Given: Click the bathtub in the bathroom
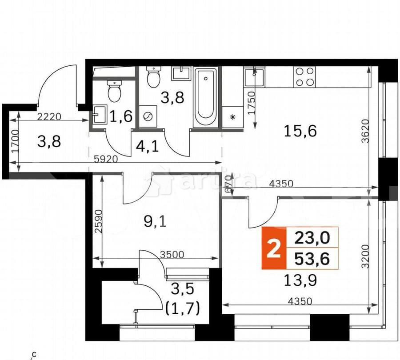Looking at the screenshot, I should tap(205, 98).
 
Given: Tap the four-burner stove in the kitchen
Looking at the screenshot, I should tap(305, 76).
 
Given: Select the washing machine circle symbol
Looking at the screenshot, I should tap(147, 117).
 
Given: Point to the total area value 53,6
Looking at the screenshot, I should tap(312, 259).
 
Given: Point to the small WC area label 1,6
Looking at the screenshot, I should tap(121, 116).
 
